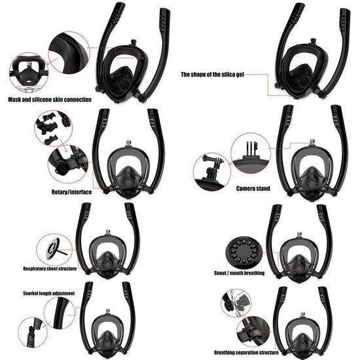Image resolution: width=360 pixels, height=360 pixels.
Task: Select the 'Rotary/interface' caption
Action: click(71, 192)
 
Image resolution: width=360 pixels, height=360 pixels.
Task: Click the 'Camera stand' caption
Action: click(253, 188)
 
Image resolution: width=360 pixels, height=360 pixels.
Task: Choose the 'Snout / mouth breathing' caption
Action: click(239, 272)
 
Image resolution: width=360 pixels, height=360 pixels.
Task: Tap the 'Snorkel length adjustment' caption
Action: click(48, 293)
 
